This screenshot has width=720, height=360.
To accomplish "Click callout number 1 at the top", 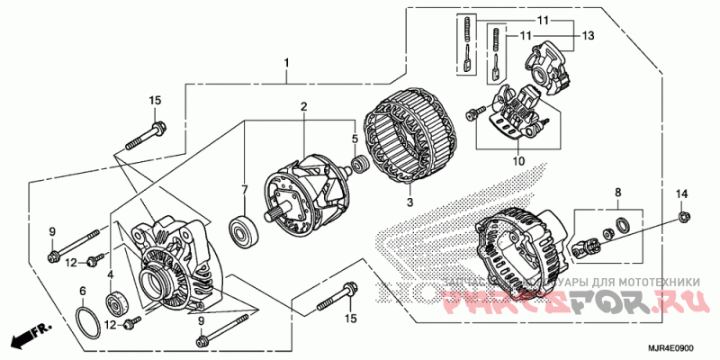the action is point(287,63).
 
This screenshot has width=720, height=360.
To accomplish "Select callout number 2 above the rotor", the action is point(304,106).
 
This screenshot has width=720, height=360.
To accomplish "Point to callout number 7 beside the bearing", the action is point(243,190).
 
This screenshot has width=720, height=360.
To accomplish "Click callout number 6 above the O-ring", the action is point(82,291).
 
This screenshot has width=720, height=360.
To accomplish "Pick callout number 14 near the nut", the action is point(681,193).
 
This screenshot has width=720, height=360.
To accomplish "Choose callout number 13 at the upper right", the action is point(588,36).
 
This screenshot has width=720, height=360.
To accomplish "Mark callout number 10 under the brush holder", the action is point(517,162).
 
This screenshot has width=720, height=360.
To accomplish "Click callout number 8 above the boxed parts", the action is point(617,193).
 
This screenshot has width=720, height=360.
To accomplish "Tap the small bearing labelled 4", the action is point(115,301).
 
